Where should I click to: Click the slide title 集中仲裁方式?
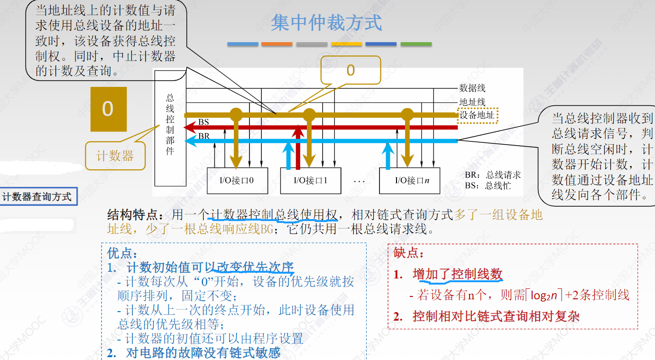click(326, 23)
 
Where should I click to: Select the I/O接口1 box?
click(310, 181)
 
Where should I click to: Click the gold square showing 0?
click(108, 109)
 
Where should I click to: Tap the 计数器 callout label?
click(115, 156)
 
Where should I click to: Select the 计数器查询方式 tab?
click(38, 196)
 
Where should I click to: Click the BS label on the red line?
click(203, 122)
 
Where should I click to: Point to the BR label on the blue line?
click(203, 136)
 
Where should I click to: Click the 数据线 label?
click(472, 88)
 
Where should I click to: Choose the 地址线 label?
click(472, 102)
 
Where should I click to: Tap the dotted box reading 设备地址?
click(478, 115)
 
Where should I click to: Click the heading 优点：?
click(122, 253)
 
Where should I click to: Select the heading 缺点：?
click(409, 254)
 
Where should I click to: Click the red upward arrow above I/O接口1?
click(298, 147)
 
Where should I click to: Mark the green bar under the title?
click(416, 44)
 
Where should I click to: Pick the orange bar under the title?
click(277, 44)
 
